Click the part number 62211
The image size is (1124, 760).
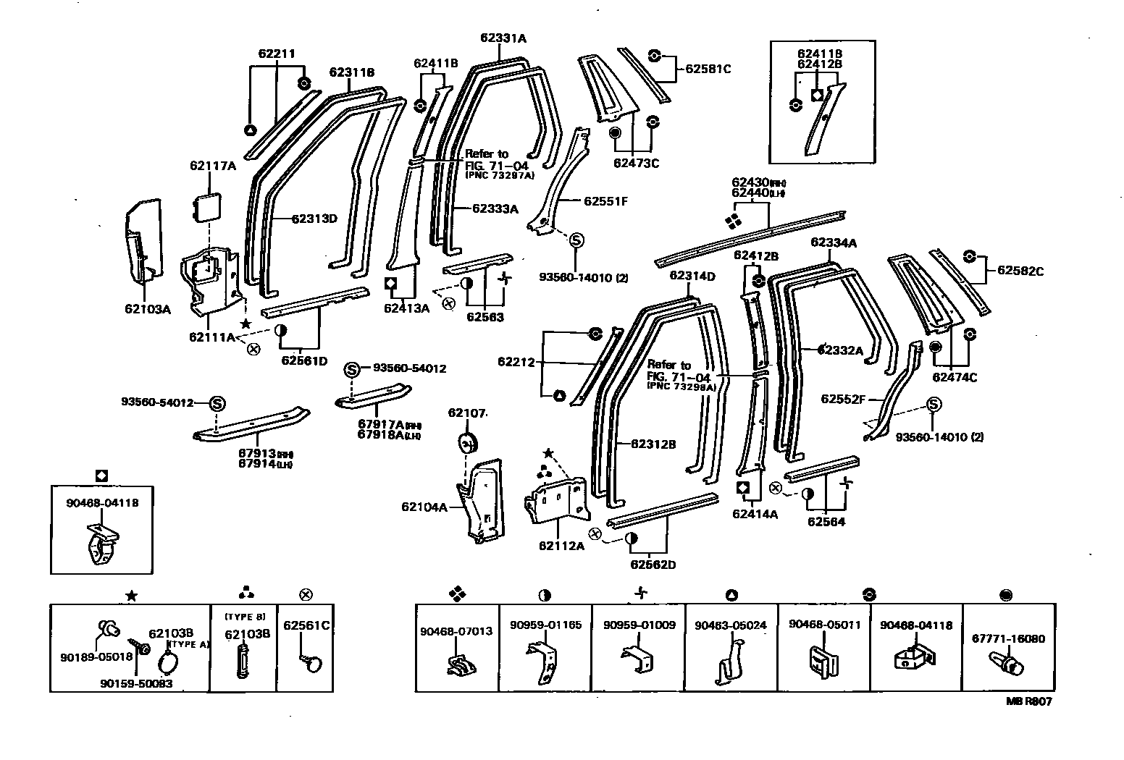pos(277,54)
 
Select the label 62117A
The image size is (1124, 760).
pos(213,166)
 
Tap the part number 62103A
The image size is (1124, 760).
pos(147,309)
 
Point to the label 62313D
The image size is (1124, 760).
pos(315,219)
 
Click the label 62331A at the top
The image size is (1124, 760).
pos(503,38)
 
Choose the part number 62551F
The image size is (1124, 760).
pos(605,201)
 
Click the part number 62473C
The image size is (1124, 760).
pos(636,163)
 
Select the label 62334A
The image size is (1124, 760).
pos(833,242)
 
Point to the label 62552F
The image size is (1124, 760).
pos(843,399)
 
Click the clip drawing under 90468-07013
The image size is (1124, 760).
pos(457,664)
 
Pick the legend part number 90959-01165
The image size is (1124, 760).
pos(545,625)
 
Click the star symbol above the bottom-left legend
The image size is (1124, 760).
pos(131,595)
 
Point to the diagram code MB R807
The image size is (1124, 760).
pos(1028,701)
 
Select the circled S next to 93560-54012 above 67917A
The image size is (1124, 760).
pos(351,368)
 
